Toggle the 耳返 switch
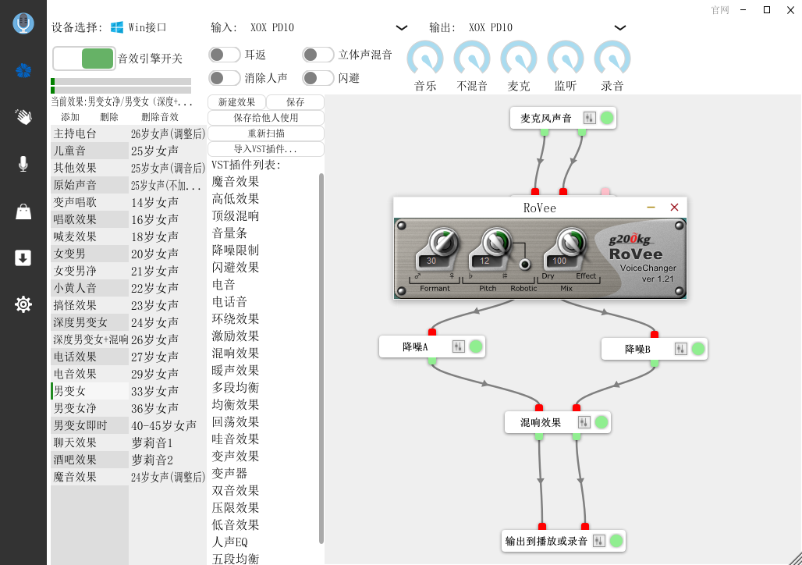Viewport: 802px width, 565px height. tap(225, 55)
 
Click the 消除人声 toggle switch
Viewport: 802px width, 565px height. tap(225, 78)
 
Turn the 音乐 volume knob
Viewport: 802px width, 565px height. tap(425, 59)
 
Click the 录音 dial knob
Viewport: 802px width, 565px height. tap(612, 59)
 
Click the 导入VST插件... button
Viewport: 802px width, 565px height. tap(266, 149)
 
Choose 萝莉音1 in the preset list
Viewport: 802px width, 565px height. tap(152, 442)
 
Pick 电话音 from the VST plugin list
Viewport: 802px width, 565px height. tap(229, 302)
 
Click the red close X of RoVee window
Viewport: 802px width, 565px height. tap(674, 208)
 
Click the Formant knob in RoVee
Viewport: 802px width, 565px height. tap(443, 242)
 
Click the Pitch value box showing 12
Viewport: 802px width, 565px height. tap(484, 261)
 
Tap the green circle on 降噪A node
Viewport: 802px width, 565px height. tap(476, 346)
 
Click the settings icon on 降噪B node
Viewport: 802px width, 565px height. tap(680, 349)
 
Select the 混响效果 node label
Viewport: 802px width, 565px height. tap(540, 422)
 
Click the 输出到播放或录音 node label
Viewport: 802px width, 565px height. tap(546, 541)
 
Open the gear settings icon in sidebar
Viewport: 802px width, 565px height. tap(23, 304)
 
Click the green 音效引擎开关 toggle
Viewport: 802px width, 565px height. tap(98, 59)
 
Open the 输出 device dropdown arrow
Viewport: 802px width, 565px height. tap(620, 27)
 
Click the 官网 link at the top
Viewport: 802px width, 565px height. tap(719, 10)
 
